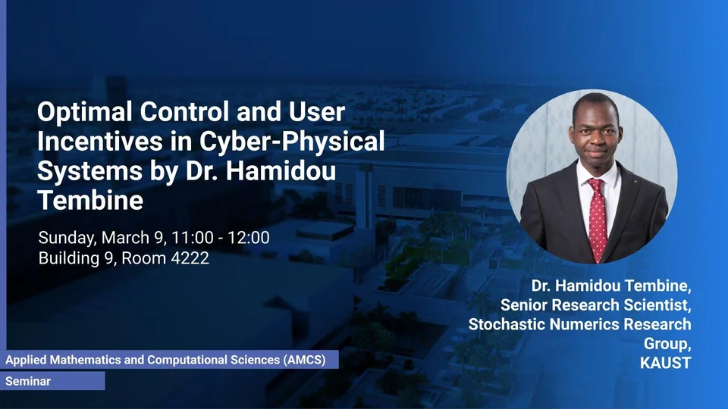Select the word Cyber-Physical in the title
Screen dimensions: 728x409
coord(292,141)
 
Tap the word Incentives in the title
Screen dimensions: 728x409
coord(100,141)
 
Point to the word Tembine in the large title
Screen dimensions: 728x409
coord(90,200)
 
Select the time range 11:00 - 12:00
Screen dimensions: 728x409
coord(221,237)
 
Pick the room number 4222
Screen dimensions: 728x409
coord(190,258)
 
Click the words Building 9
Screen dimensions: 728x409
coord(77,258)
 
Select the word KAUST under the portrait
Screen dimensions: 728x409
coord(665,363)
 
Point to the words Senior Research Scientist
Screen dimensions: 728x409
coord(596,304)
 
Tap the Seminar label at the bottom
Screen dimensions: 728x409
coord(28,381)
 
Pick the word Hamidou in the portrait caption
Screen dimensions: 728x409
coord(586,286)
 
